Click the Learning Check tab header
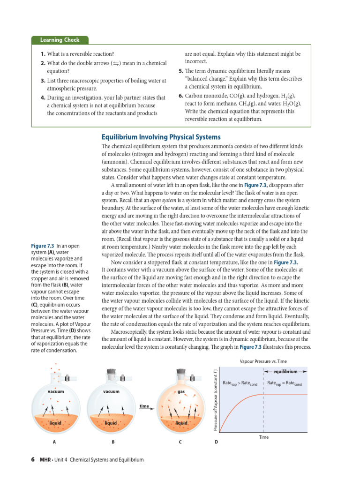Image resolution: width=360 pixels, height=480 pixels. pos(60,40)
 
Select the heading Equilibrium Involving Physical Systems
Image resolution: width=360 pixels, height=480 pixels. pos(161,137)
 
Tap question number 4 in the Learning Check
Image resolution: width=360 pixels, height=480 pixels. pos(42,98)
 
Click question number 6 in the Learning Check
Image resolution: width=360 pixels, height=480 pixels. pos(180,96)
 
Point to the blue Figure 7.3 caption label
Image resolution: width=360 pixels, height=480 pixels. pos(42,246)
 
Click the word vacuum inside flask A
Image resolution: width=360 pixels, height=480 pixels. pos(56,391)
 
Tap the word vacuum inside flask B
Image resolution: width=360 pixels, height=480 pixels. pos(111,391)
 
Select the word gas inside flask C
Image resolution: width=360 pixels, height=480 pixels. pos(181,391)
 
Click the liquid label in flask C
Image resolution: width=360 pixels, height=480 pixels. pos(181,423)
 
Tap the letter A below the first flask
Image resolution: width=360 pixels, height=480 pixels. pos(55,442)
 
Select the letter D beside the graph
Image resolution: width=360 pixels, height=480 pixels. pos(216,442)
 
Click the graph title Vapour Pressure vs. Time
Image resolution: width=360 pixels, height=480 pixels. pos(263,361)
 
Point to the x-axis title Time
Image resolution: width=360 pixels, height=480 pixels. pos(264,437)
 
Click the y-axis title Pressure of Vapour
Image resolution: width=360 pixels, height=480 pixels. pos(215,400)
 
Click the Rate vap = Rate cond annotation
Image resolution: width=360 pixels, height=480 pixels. pos(285,383)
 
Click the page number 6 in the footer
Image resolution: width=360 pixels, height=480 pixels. pos(33,460)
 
